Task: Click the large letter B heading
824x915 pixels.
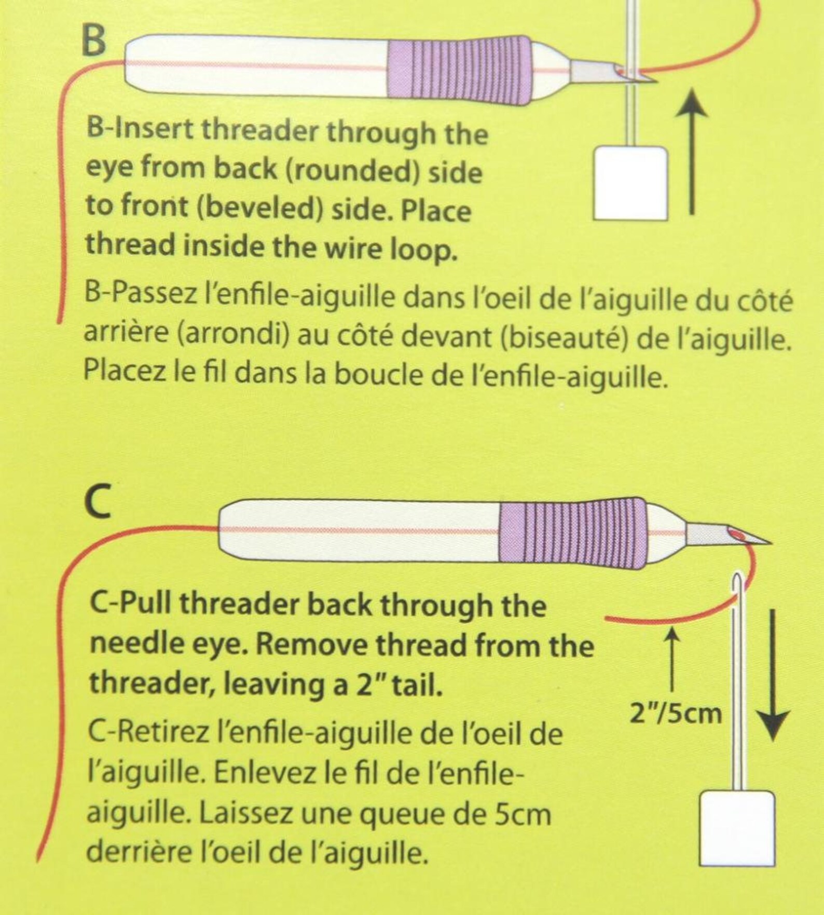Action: click(x=94, y=40)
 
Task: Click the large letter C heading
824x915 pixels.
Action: click(x=99, y=503)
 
